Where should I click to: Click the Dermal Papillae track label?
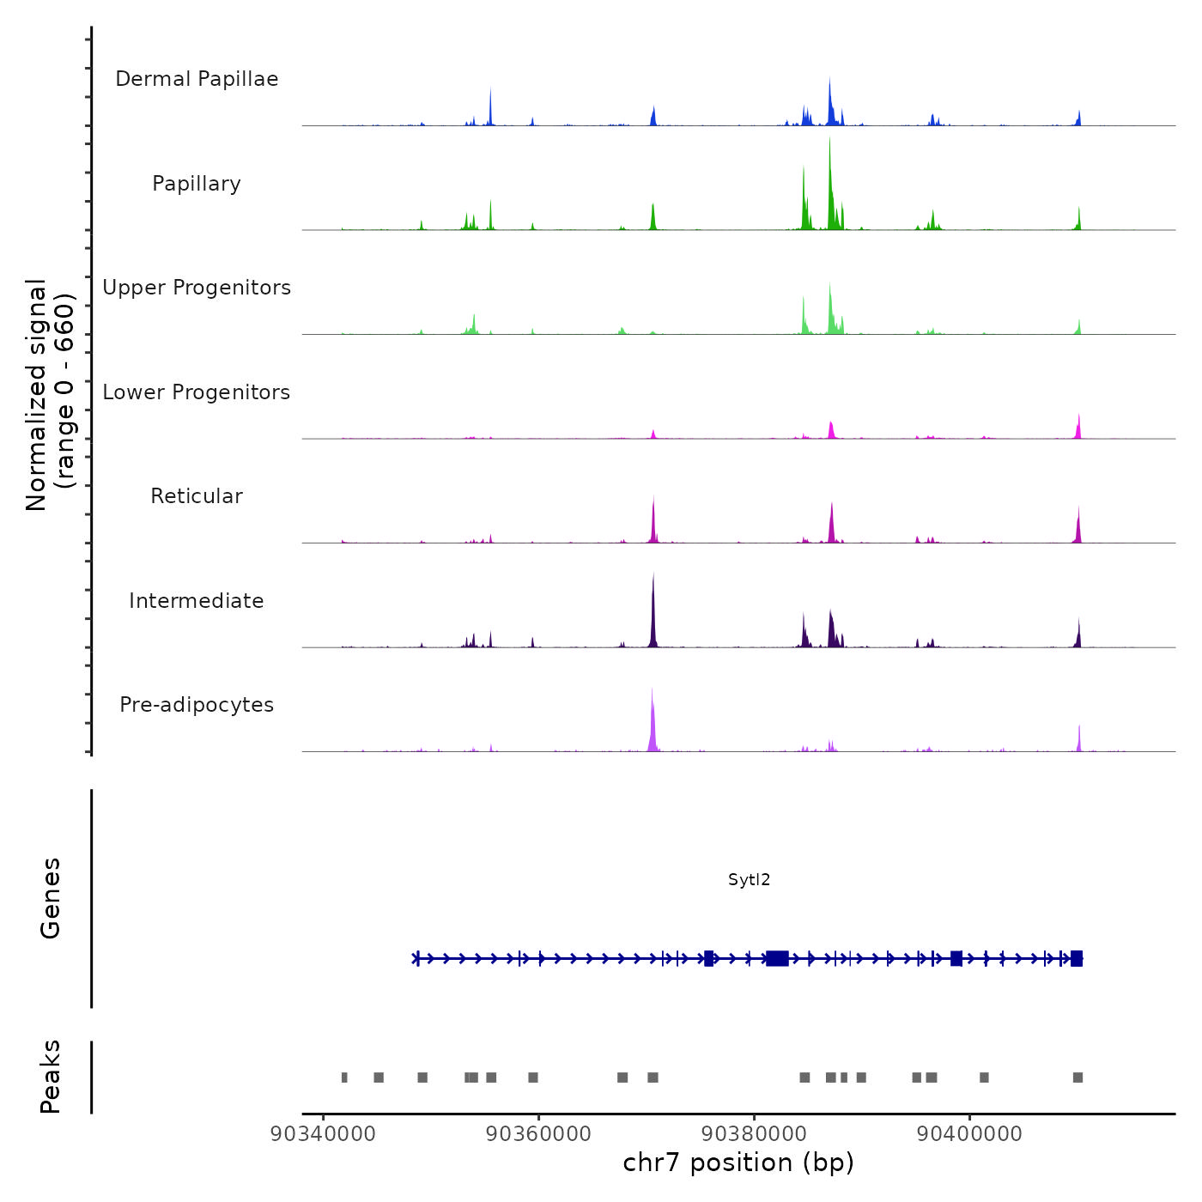(197, 79)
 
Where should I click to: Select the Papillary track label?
(197, 184)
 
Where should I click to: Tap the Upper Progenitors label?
(197, 288)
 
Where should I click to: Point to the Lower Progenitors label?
(197, 392)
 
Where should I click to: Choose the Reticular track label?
(197, 496)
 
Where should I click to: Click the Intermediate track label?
(197, 601)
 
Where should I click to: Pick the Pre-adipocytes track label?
(197, 705)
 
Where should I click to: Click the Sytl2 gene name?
(749, 880)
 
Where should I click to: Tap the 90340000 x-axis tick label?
(323, 1134)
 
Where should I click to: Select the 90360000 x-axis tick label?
(538, 1134)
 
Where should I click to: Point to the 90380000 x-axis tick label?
(754, 1134)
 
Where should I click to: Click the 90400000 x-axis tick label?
(969, 1134)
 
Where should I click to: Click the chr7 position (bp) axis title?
(738, 1163)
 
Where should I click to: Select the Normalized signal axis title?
(50, 395)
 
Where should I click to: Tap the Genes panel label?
(51, 898)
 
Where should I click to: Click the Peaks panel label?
(51, 1077)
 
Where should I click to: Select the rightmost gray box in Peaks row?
(1078, 1078)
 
